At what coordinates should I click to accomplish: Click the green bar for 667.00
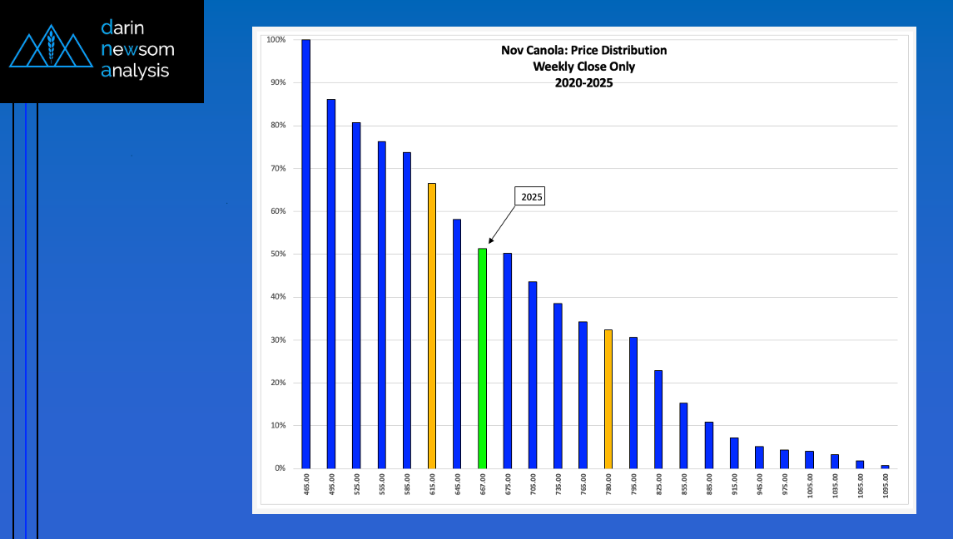(482, 359)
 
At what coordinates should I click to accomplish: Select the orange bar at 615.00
(431, 326)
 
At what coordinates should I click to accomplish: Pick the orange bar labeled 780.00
(608, 399)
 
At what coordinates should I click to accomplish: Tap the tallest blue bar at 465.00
(305, 254)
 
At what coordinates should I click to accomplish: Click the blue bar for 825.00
(658, 419)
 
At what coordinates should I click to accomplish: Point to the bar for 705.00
(533, 375)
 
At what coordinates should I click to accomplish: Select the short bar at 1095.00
(885, 467)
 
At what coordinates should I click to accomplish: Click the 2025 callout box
(531, 196)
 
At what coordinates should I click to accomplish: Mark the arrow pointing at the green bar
(502, 225)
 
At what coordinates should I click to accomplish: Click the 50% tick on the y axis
(278, 254)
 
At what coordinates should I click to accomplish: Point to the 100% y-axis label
(276, 39)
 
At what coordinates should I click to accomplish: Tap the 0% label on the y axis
(280, 468)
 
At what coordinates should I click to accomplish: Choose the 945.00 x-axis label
(760, 485)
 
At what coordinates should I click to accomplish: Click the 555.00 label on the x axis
(382, 485)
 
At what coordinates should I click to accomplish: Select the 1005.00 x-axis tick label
(810, 486)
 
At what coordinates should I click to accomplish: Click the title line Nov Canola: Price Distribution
(583, 51)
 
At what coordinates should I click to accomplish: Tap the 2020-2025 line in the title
(583, 83)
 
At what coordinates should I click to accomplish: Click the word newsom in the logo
(137, 49)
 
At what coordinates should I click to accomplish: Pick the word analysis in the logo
(135, 71)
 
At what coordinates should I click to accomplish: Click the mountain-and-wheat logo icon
(51, 47)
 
